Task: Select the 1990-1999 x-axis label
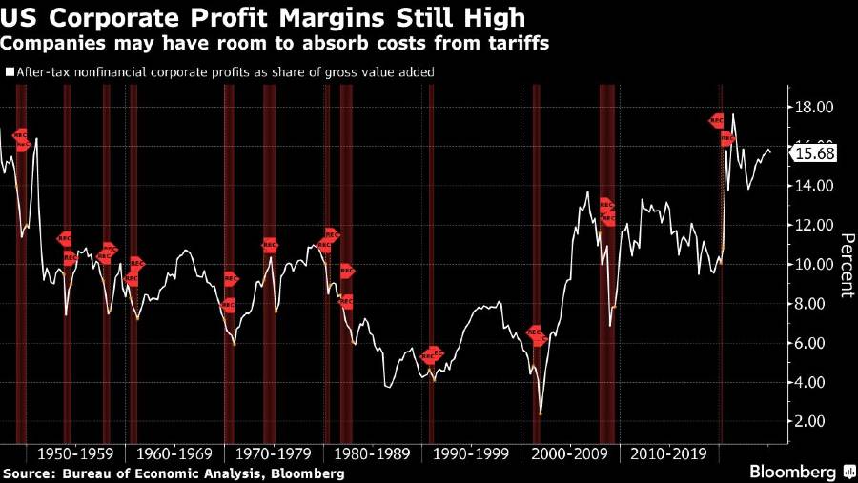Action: click(x=464, y=453)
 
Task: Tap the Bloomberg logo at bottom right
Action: click(x=797, y=472)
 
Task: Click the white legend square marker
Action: click(x=10, y=71)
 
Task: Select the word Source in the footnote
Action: click(x=28, y=473)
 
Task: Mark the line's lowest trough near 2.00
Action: click(x=541, y=414)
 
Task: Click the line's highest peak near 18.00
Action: click(x=732, y=114)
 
